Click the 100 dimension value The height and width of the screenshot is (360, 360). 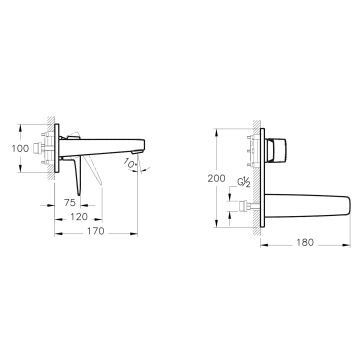tap(20, 148)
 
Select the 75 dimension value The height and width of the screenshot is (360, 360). tap(70, 202)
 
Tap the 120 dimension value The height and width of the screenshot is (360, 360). tap(79, 217)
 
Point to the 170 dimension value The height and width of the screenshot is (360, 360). tap(96, 231)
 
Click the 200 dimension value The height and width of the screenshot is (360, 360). tap(216, 178)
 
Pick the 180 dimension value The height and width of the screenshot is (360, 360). tap(305, 242)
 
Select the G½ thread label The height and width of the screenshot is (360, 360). tap(244, 182)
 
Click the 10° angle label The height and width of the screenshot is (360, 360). tap(130, 163)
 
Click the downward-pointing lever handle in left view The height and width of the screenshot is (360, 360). tap(77, 175)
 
